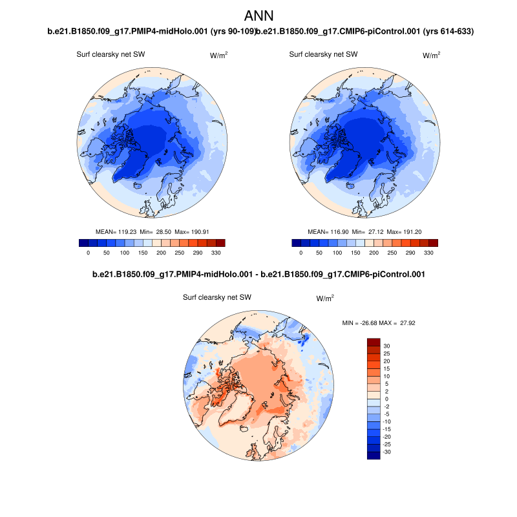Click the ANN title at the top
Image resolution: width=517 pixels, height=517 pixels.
pyautogui.click(x=259, y=16)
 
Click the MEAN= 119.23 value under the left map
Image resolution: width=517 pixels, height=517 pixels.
pyautogui.click(x=115, y=231)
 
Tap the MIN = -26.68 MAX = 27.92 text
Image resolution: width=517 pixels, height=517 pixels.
pyautogui.click(x=378, y=322)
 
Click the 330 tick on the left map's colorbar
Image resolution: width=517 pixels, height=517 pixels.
pyautogui.click(x=216, y=253)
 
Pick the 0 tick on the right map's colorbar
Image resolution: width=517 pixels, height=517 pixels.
pyautogui.click(x=301, y=253)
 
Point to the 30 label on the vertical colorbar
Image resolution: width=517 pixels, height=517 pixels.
pyautogui.click(x=386, y=346)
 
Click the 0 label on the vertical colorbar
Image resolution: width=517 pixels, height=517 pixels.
pyautogui.click(x=386, y=399)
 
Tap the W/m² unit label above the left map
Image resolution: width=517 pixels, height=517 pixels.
pyautogui.click(x=219, y=56)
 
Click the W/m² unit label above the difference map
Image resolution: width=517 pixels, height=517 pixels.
pyautogui.click(x=325, y=299)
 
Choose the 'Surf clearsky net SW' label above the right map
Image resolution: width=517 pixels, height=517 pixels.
pyautogui.click(x=323, y=55)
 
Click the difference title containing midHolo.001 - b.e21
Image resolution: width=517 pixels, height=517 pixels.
pyautogui.click(x=258, y=275)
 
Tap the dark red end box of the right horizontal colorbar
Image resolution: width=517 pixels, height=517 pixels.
pyautogui.click(x=433, y=243)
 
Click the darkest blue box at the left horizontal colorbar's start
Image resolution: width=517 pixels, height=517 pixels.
pyautogui.click(x=83, y=243)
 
